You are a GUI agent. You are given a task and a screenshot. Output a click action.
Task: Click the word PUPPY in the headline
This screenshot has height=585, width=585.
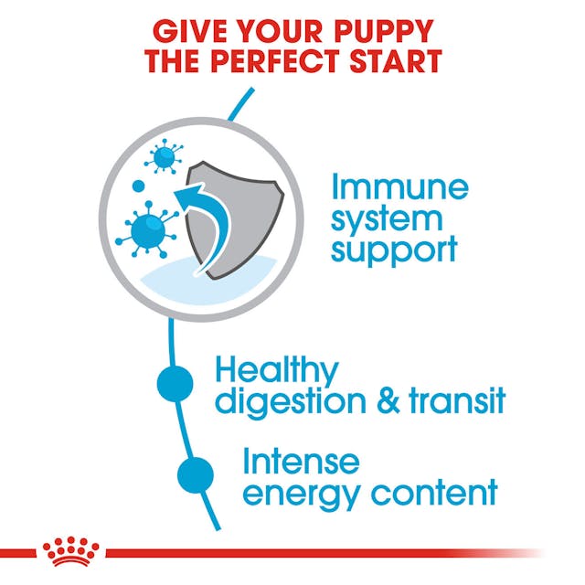point(383,31)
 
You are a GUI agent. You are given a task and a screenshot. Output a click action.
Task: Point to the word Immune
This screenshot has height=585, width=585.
point(399,190)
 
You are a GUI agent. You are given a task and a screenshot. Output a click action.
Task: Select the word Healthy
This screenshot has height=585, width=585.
point(276,372)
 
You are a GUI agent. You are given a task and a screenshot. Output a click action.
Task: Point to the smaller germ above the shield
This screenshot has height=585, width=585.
point(165,157)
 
